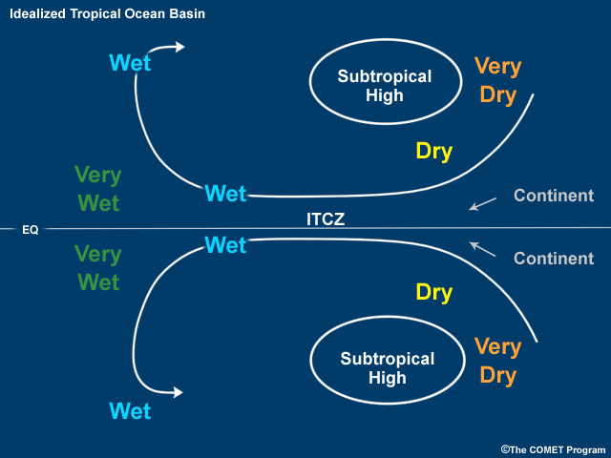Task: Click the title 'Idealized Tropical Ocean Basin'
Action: tap(107, 14)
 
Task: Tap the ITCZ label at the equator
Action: tap(325, 219)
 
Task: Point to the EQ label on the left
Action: tap(30, 230)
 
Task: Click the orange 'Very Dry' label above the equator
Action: tap(497, 81)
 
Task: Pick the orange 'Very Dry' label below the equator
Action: tap(497, 361)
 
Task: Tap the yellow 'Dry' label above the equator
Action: tap(433, 151)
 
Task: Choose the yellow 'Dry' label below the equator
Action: tap(433, 292)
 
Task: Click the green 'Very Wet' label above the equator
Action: tap(97, 189)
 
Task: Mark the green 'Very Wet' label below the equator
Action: tap(97, 268)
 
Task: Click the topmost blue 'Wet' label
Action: tap(130, 63)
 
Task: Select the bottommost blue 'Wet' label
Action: tap(130, 411)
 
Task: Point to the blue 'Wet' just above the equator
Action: tap(225, 194)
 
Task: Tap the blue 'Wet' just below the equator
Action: tap(225, 245)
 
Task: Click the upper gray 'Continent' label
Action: tap(554, 196)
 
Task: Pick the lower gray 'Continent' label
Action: tap(554, 259)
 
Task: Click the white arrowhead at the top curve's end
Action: tap(179, 46)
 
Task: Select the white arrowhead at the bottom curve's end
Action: tap(179, 392)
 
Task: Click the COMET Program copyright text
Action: tap(553, 448)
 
